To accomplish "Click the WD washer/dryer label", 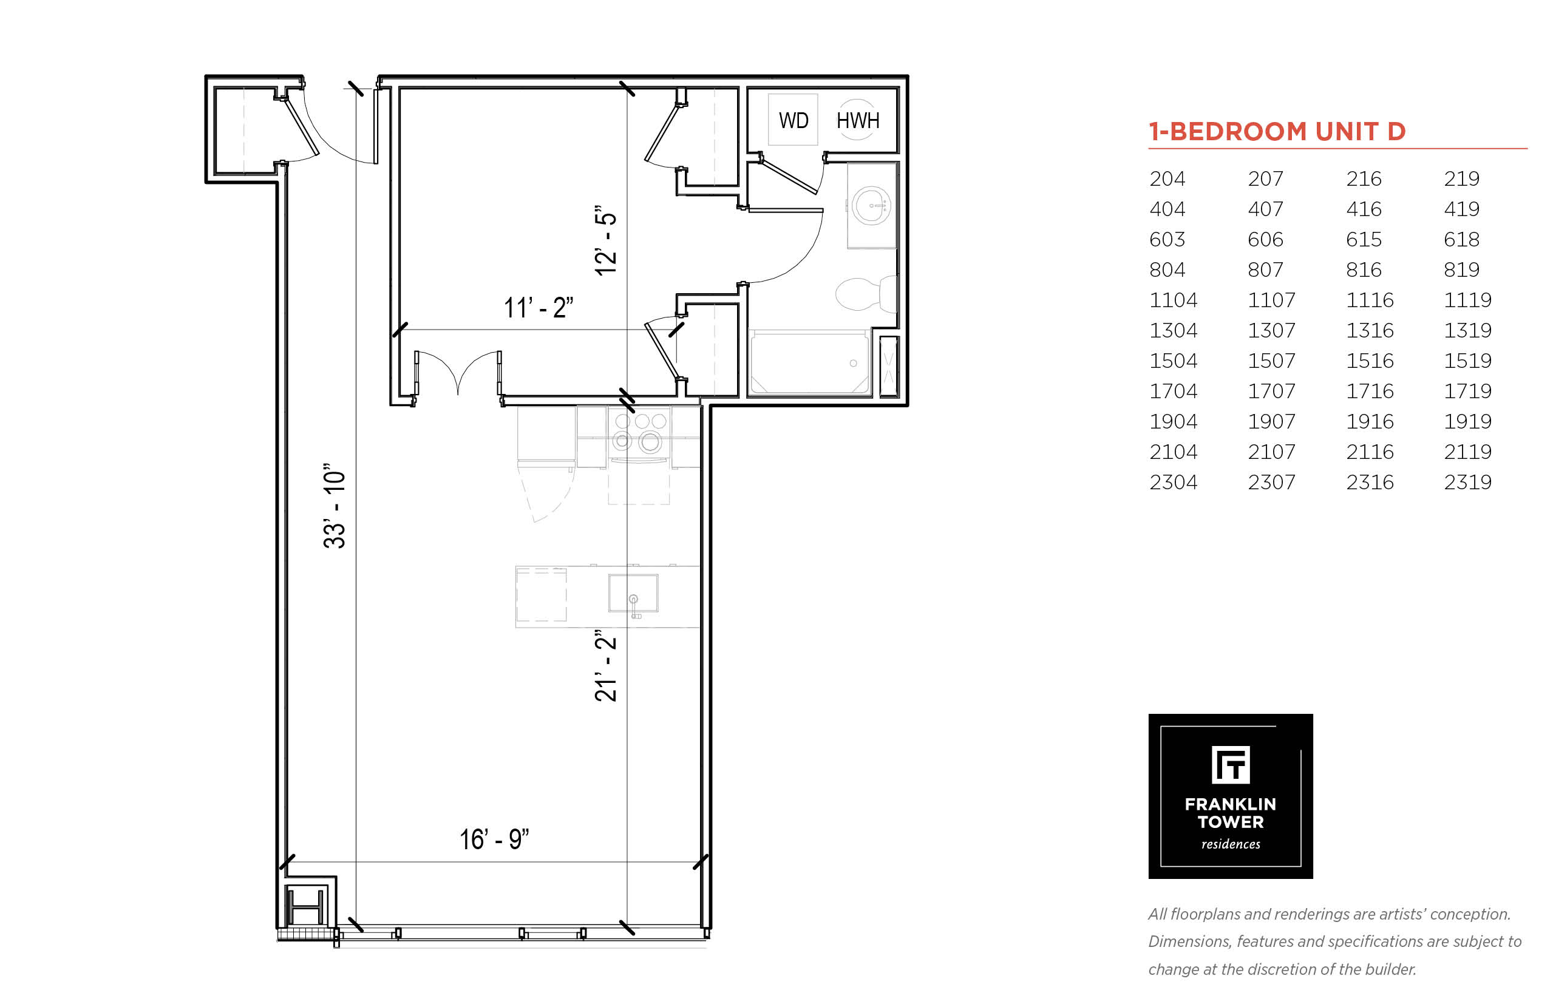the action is [x=793, y=121].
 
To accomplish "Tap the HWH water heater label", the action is [x=857, y=121].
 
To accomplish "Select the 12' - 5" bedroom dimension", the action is [x=606, y=240].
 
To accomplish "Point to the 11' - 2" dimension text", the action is [x=538, y=307].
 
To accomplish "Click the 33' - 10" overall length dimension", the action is [x=335, y=506].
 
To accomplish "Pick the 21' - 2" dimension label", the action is [x=606, y=666].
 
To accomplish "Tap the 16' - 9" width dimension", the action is [x=494, y=839].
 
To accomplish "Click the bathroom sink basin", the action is [x=871, y=205].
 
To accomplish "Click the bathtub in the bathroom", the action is [x=810, y=363].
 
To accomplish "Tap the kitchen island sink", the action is [x=633, y=592].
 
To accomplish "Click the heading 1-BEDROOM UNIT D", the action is [x=1277, y=132].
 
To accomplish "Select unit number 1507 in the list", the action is [x=1271, y=361].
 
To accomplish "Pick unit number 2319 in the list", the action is [x=1467, y=482].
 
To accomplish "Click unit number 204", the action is [x=1167, y=178].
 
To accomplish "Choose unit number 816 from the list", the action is [x=1363, y=270].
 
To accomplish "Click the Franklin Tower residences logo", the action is [x=1230, y=796].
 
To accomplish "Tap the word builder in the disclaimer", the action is [x=1392, y=969].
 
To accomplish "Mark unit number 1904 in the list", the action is [x=1173, y=421].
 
